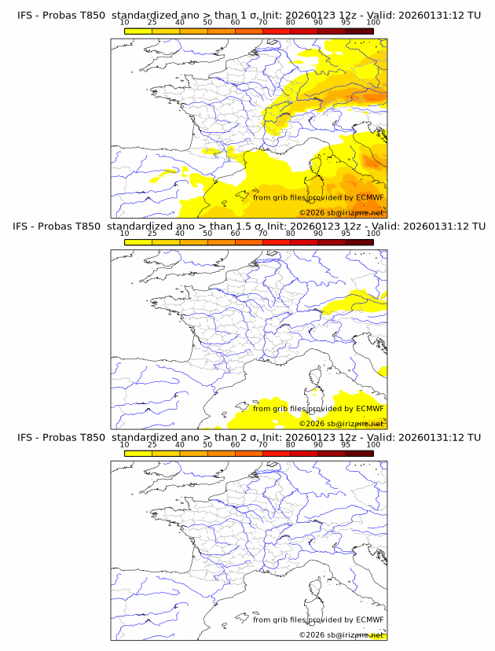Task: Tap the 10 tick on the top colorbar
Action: (x=125, y=23)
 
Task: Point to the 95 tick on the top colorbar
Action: (x=346, y=23)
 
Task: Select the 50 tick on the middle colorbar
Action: (x=207, y=234)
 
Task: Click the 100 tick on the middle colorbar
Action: (x=373, y=234)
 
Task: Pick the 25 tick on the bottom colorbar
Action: (x=152, y=444)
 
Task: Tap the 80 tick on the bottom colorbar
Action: (x=291, y=444)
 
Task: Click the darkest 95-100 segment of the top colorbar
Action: (x=359, y=31)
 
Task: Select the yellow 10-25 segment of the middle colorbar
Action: (x=138, y=242)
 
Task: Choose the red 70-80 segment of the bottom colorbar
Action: (x=277, y=453)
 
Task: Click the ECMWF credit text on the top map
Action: (x=318, y=197)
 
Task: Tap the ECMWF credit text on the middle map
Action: (x=318, y=408)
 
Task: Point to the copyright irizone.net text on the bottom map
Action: (x=341, y=634)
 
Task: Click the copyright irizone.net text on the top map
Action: (x=341, y=213)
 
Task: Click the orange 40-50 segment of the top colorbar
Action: (x=193, y=31)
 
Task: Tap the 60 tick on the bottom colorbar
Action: (x=235, y=444)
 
